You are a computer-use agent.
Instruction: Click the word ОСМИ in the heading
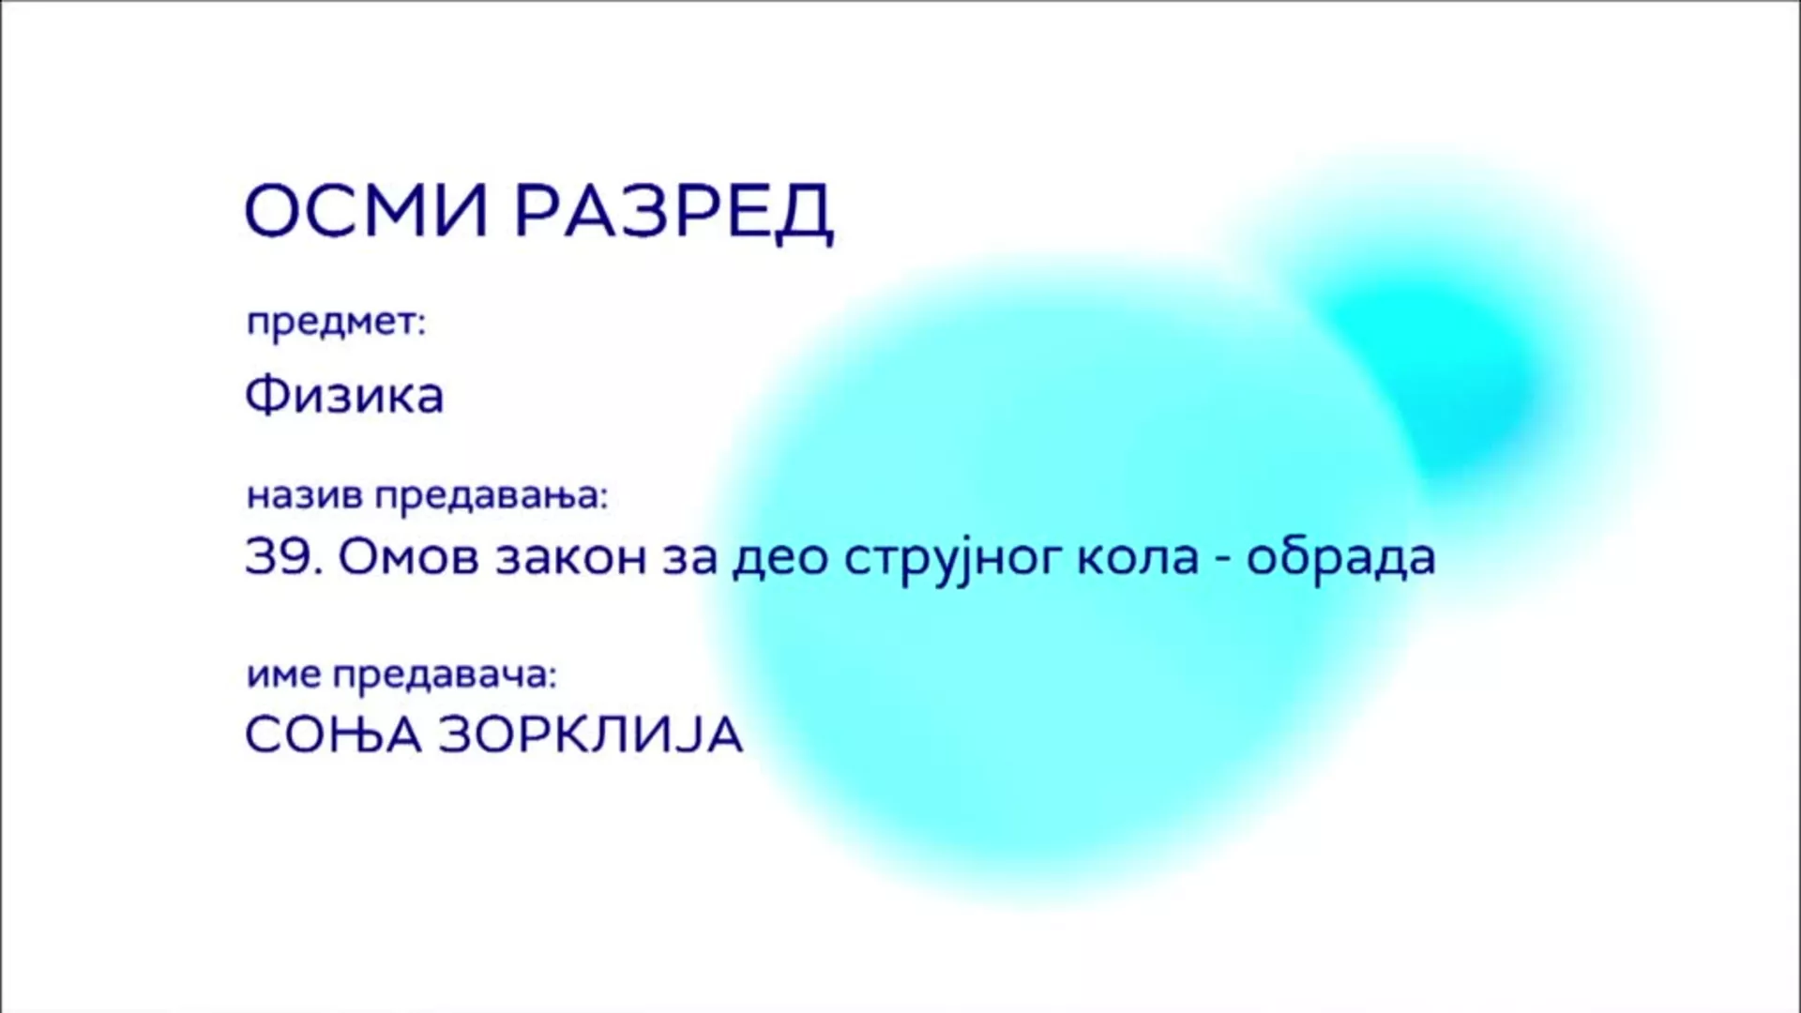tap(367, 211)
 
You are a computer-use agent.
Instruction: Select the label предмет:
tap(336, 324)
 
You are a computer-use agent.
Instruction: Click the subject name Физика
tap(343, 395)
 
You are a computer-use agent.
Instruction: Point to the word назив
tap(304, 496)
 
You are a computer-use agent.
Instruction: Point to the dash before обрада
tap(1222, 560)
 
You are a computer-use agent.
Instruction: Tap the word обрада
tap(1340, 557)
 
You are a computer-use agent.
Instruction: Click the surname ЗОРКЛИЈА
tap(590, 734)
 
